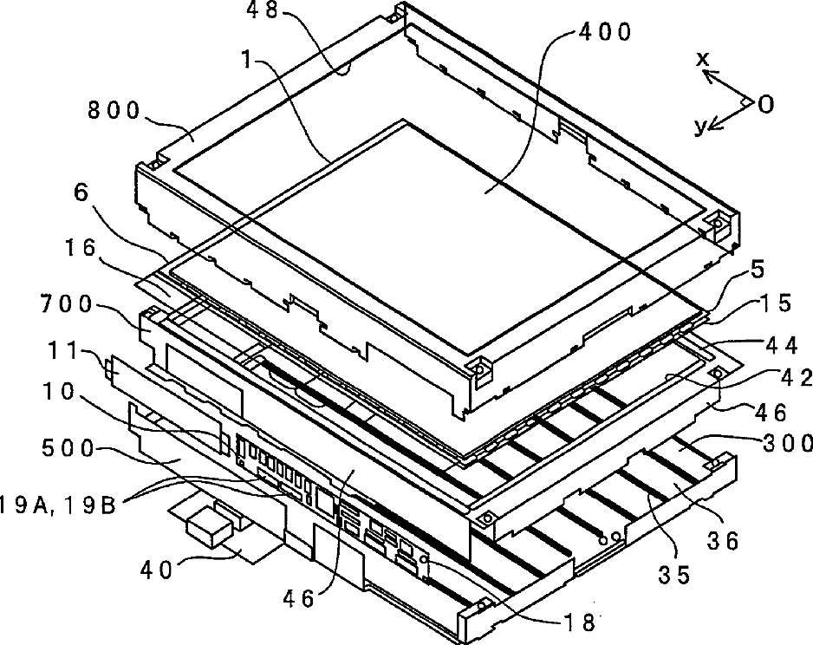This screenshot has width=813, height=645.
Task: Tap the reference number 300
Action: click(x=787, y=443)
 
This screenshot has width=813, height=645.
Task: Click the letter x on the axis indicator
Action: click(x=703, y=60)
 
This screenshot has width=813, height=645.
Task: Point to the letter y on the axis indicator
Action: click(x=699, y=127)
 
